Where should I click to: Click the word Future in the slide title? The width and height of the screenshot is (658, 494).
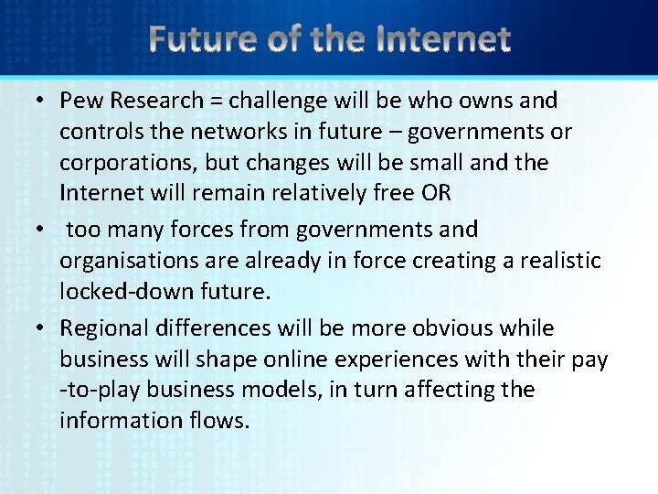tap(199, 39)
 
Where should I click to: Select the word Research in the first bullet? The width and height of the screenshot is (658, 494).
tap(165, 101)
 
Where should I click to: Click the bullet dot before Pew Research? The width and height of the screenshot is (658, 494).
tap(43, 101)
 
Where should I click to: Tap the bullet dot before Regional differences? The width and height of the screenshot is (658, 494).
tap(43, 328)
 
